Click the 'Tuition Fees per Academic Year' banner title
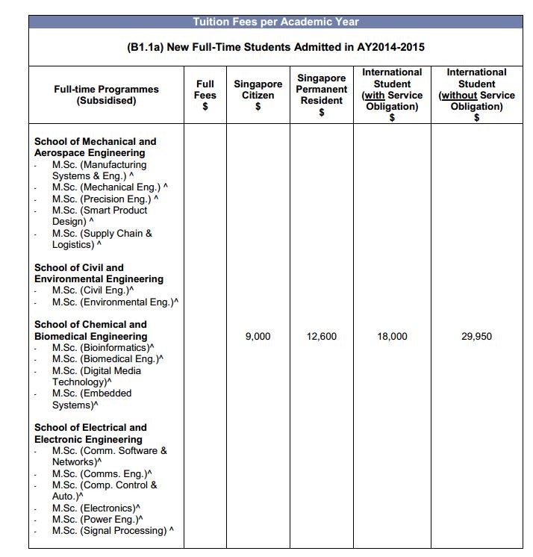276,22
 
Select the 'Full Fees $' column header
205,95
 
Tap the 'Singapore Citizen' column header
258,95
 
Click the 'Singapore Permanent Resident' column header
322,95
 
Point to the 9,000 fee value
258,337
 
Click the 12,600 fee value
322,337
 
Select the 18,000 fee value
393,337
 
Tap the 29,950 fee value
477,337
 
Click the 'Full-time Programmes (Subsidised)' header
107,95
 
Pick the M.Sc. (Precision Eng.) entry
105,199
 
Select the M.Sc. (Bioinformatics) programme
103,348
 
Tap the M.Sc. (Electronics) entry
97,508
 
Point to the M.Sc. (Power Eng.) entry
97,519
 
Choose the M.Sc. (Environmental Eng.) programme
115,302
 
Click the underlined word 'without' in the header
458,96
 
